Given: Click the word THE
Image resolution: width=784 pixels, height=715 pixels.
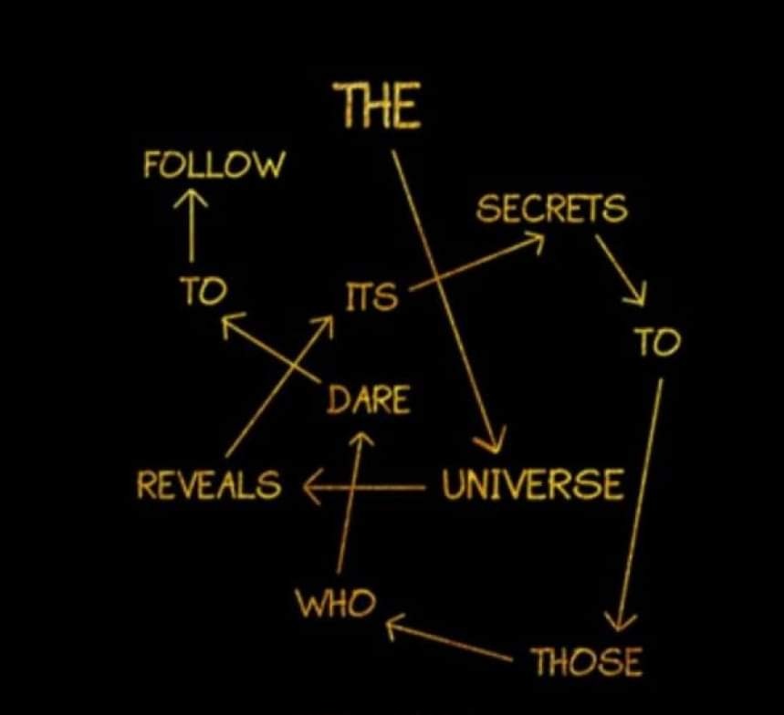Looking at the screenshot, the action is pyautogui.click(x=377, y=105).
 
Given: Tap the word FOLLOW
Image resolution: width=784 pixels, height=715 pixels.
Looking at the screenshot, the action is pyautogui.click(x=214, y=164).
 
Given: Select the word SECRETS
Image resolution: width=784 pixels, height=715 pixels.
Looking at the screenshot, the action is pyautogui.click(x=551, y=208).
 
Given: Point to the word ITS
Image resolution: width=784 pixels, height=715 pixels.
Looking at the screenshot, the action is pyautogui.click(x=372, y=295).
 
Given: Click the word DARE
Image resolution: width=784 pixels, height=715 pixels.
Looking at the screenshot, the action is pyautogui.click(x=369, y=399).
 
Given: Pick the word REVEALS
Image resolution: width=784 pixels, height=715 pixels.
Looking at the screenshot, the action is pyautogui.click(x=208, y=484).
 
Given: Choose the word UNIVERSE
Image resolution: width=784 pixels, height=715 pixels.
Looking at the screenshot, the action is pyautogui.click(x=533, y=484).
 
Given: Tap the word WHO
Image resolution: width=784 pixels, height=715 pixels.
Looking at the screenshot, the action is pyautogui.click(x=336, y=602).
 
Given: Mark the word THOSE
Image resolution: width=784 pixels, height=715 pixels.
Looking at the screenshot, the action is pyautogui.click(x=588, y=661).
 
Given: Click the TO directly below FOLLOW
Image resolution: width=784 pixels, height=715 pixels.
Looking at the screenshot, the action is pyautogui.click(x=203, y=291).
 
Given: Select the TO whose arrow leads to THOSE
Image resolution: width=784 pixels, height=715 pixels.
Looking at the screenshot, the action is pyautogui.click(x=657, y=342).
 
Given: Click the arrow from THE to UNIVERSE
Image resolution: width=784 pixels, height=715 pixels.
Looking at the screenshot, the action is pyautogui.click(x=446, y=301).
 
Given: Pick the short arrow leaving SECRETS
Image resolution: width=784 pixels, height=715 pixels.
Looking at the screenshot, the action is pyautogui.click(x=620, y=269).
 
